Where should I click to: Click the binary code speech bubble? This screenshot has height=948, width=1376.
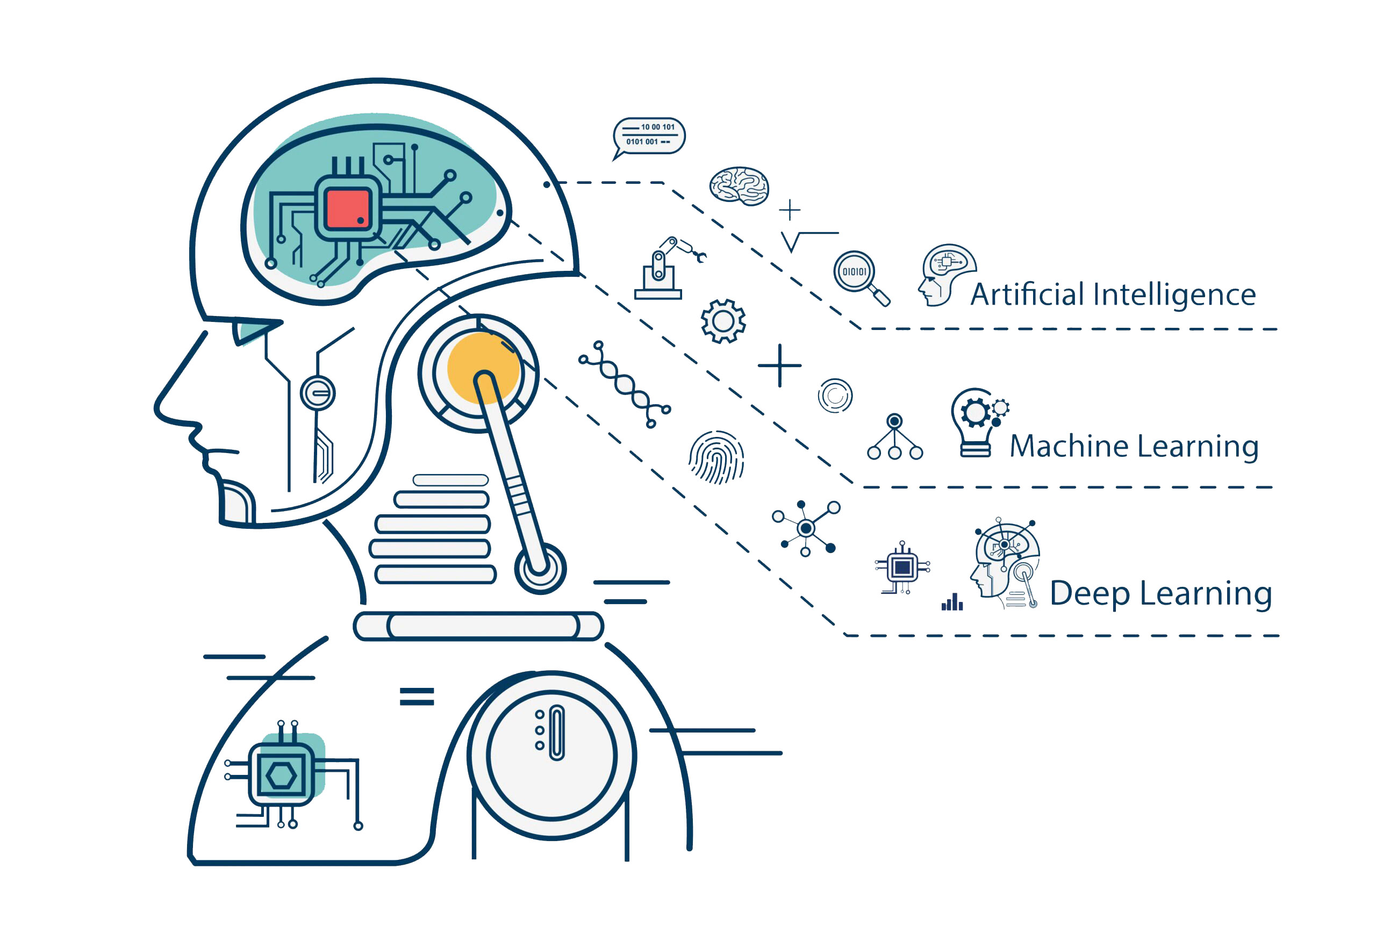coord(649,135)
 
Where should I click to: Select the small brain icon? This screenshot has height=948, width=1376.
coord(739,186)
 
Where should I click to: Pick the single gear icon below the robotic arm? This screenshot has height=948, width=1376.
coord(722,321)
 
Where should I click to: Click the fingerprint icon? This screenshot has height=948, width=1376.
coord(716,457)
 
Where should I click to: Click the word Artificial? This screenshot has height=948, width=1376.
coord(1027,295)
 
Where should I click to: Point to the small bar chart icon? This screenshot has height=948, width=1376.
coord(952,602)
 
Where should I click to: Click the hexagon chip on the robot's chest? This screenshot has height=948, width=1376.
coord(282,775)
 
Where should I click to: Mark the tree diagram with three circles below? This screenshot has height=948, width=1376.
coord(895,438)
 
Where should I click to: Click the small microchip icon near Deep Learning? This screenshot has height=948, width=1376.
coord(902,568)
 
